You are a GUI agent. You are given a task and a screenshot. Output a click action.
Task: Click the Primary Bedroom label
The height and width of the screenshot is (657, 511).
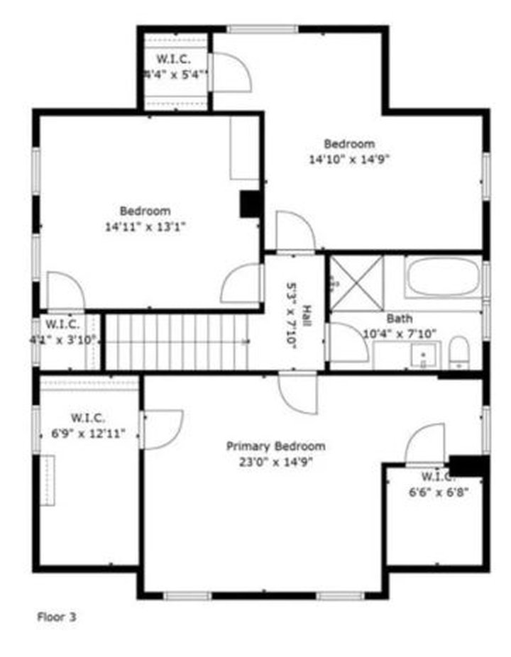point(275,446)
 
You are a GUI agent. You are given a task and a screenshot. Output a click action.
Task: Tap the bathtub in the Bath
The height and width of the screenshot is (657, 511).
point(443,277)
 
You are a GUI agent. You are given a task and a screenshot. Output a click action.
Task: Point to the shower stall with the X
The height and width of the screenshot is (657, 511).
point(356,282)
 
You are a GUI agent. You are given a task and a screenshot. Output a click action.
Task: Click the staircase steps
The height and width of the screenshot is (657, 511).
point(177,342)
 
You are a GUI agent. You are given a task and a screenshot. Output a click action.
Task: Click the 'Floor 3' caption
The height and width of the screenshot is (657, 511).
point(56,617)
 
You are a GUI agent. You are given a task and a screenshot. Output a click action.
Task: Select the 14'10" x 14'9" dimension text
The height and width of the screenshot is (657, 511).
point(349,160)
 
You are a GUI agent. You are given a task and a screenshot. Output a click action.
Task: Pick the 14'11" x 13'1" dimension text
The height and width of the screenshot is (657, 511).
point(145,227)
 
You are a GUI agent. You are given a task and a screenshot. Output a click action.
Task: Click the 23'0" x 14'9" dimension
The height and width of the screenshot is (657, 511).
point(275,462)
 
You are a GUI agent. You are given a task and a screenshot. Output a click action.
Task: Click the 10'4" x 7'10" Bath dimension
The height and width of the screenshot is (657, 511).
point(400,333)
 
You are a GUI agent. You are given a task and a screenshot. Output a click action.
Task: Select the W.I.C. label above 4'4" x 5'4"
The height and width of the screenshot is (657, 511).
point(172,58)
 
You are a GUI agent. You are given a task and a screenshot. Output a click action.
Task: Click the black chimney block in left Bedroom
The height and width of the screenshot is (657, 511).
point(250,204)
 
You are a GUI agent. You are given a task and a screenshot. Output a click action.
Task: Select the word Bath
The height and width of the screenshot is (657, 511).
point(399,319)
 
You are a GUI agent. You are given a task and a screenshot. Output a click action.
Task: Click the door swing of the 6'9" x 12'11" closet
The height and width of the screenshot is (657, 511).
point(162,428)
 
